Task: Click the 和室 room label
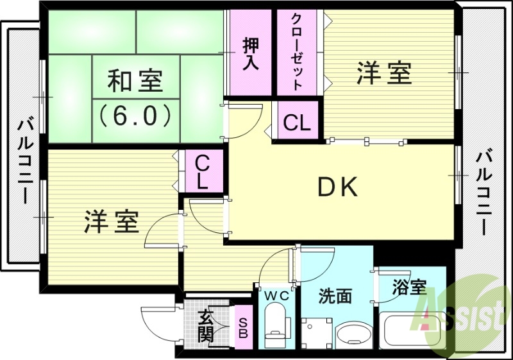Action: tap(135, 82)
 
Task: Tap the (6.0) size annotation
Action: tap(135, 115)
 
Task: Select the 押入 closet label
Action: tap(250, 54)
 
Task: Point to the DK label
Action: tap(337, 187)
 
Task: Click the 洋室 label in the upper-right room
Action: tap(383, 73)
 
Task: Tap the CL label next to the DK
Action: tap(297, 122)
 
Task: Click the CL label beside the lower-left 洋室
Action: tap(202, 171)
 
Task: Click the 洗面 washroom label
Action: tap(335, 296)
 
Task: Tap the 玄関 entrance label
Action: tap(206, 325)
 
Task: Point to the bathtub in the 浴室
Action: tap(413, 330)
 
